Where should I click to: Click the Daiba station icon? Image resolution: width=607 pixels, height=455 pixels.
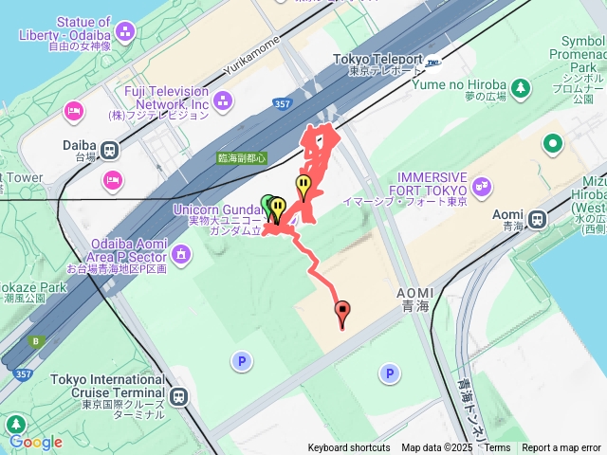(111, 150)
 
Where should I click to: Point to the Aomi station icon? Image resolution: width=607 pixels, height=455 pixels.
(537, 219)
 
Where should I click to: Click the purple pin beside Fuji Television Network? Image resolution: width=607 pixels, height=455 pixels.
(223, 99)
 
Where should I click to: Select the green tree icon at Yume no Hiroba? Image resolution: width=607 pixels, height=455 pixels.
(521, 88)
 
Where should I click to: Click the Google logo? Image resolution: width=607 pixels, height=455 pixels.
(35, 442)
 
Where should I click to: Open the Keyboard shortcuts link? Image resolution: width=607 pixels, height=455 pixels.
(348, 448)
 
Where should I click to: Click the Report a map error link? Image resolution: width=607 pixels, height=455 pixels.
(561, 448)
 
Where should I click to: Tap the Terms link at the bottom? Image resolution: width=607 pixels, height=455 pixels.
(497, 448)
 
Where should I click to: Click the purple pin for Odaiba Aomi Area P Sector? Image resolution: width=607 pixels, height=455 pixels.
(181, 253)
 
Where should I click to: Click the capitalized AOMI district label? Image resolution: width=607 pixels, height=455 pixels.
(414, 293)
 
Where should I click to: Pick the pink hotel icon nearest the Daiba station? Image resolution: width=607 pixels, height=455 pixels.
(112, 178)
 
